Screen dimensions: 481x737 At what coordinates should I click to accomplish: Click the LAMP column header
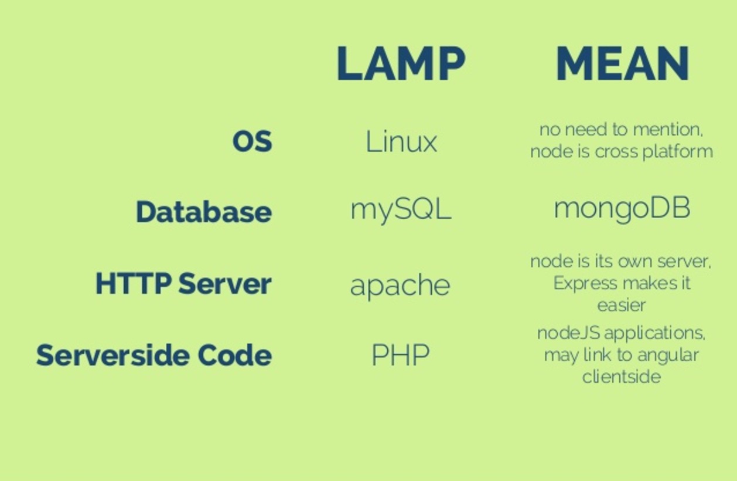tap(401, 63)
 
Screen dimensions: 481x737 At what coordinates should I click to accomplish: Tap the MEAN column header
tap(622, 63)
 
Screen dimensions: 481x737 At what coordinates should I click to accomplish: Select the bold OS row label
tap(252, 141)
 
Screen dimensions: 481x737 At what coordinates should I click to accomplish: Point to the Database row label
tap(203, 212)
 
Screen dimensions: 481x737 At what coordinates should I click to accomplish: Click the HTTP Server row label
tap(183, 284)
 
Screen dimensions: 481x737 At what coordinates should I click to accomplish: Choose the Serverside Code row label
tap(153, 355)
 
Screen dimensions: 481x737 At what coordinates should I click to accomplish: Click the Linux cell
tap(401, 142)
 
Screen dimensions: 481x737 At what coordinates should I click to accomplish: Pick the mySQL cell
tap(401, 209)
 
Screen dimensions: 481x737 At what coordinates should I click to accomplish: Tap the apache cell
tap(400, 286)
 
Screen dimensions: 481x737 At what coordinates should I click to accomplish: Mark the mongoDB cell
tap(622, 209)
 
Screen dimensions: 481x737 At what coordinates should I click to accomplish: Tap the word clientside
tap(622, 376)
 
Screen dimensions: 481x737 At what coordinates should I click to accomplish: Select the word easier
tap(622, 305)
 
